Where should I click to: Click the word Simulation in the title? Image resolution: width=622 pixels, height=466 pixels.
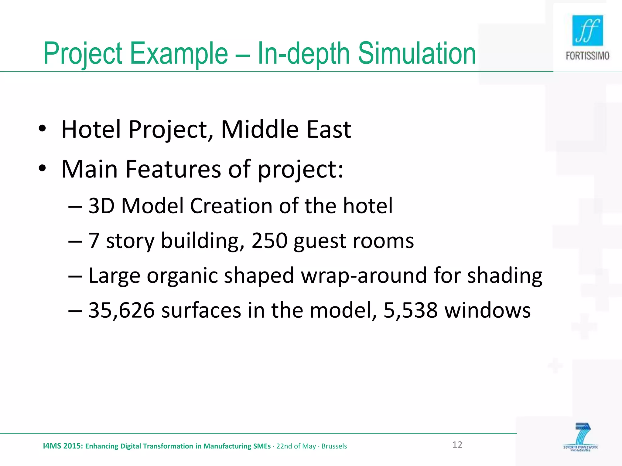(417, 53)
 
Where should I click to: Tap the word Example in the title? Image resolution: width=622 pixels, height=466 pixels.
(179, 53)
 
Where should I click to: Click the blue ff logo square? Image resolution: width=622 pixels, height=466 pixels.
(587, 30)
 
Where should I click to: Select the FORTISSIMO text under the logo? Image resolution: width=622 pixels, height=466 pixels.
(587, 56)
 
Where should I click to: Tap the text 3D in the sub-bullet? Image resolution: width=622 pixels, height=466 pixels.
(101, 206)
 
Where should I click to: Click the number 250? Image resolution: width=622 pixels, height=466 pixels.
(269, 241)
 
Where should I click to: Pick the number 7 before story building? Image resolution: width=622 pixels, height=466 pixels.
(94, 241)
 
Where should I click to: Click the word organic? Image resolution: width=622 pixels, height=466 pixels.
(182, 276)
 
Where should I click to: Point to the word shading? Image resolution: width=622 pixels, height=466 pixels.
(504, 276)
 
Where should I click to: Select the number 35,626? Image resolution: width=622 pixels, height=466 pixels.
(121, 310)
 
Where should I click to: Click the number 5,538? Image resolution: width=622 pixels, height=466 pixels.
(410, 310)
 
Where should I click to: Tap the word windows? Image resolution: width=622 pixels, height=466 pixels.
(487, 310)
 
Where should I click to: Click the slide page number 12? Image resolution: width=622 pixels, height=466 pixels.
(457, 445)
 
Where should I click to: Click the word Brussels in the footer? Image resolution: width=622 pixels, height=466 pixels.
(334, 446)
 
